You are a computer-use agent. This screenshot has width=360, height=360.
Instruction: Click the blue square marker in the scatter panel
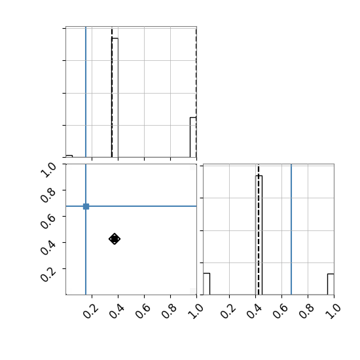point(86,206)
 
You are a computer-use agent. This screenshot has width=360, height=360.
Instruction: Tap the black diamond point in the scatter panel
point(115,239)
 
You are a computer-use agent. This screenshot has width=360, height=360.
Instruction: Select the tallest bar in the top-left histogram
point(115,98)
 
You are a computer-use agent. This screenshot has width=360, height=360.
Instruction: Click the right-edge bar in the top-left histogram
point(193,137)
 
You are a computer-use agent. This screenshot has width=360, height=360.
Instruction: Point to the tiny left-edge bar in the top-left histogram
point(69,156)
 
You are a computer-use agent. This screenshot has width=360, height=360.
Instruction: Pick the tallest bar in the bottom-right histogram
point(259,235)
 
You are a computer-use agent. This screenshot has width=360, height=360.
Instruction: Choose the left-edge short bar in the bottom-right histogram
point(206,284)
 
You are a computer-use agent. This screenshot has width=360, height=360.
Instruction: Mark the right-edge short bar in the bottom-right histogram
point(331,284)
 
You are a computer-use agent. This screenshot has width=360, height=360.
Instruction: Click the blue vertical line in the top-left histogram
point(86,92)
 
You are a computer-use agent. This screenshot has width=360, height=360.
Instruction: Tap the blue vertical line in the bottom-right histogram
point(291,229)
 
